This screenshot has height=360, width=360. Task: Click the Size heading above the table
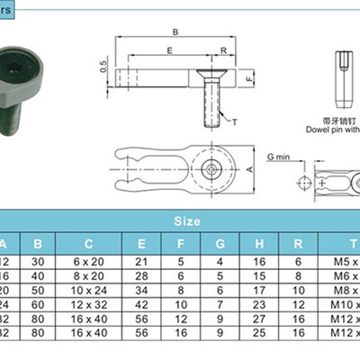pyautogui.click(x=188, y=220)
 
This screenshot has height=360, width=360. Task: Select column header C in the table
pyautogui.click(x=89, y=243)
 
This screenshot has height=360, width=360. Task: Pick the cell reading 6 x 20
pyautogui.click(x=89, y=261)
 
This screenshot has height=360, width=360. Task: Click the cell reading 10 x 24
pyautogui.click(x=89, y=292)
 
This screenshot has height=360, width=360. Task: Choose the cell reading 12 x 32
pyautogui.click(x=89, y=306)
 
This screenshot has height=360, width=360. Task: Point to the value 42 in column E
pyautogui.click(x=141, y=306)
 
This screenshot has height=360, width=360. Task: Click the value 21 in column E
pyautogui.click(x=141, y=261)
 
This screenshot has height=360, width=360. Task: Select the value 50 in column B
pyautogui.click(x=37, y=292)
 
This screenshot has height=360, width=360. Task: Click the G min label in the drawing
pyautogui.click(x=279, y=157)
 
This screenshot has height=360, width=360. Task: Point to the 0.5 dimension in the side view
pyautogui.click(x=103, y=66)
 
